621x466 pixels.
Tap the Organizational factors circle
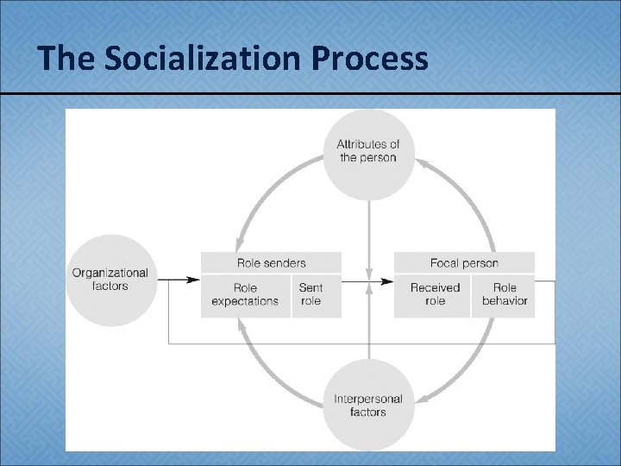110,280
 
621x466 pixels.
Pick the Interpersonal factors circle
368,406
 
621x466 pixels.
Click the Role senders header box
271,262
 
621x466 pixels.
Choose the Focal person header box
464,262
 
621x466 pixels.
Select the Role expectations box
245,295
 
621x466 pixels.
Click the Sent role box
311,295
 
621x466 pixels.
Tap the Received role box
435,295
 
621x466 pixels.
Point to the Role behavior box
505,295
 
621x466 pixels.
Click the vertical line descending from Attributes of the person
369,233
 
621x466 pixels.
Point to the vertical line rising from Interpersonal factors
369,332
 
